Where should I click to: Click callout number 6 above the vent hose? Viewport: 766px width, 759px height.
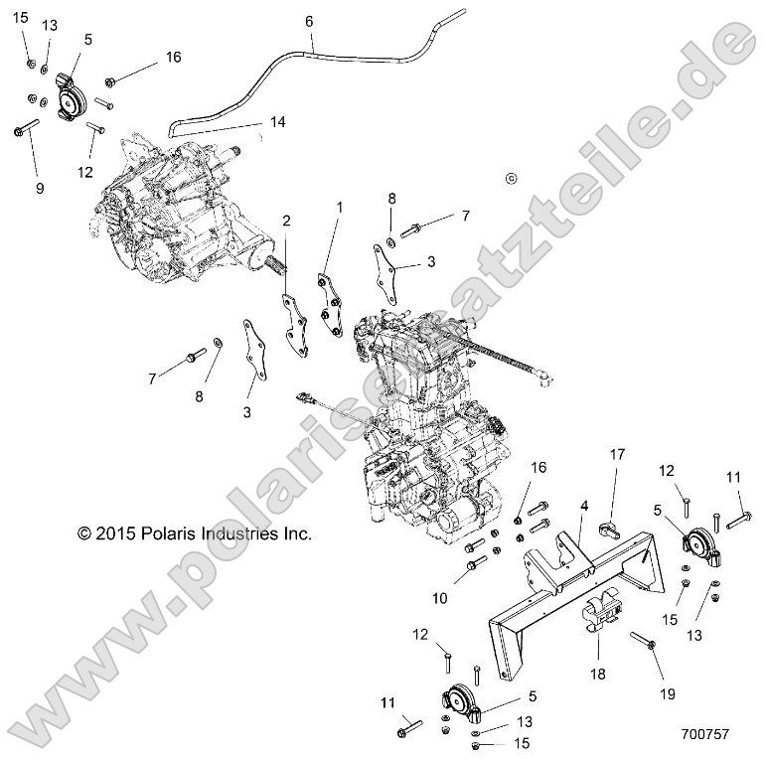[x=309, y=20]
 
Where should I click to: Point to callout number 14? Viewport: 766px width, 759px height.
[x=277, y=122]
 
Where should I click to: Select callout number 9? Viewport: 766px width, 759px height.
[x=40, y=187]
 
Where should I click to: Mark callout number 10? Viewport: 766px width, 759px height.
[x=439, y=597]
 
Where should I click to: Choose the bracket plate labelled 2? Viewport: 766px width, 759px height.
[x=295, y=323]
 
